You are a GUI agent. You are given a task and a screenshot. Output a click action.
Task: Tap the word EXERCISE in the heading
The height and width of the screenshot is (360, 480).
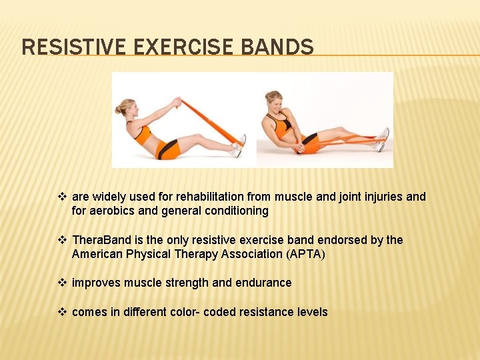[x=179, y=47]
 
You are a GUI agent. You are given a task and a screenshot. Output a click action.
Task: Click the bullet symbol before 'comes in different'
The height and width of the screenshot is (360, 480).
[x=63, y=312]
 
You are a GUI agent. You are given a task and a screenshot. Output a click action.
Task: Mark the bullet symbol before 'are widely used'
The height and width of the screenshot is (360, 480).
[x=63, y=197]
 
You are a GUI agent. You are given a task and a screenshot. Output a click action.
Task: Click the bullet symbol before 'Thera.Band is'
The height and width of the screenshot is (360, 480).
[x=63, y=240]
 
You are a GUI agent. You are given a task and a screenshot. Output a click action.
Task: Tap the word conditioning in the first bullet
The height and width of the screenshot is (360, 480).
[x=234, y=211]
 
